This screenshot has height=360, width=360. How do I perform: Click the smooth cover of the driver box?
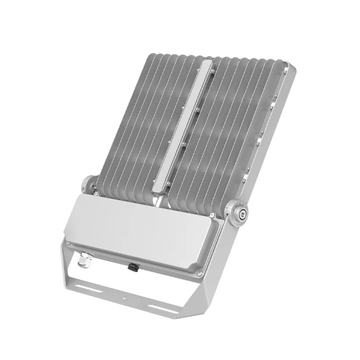point(144,229)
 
